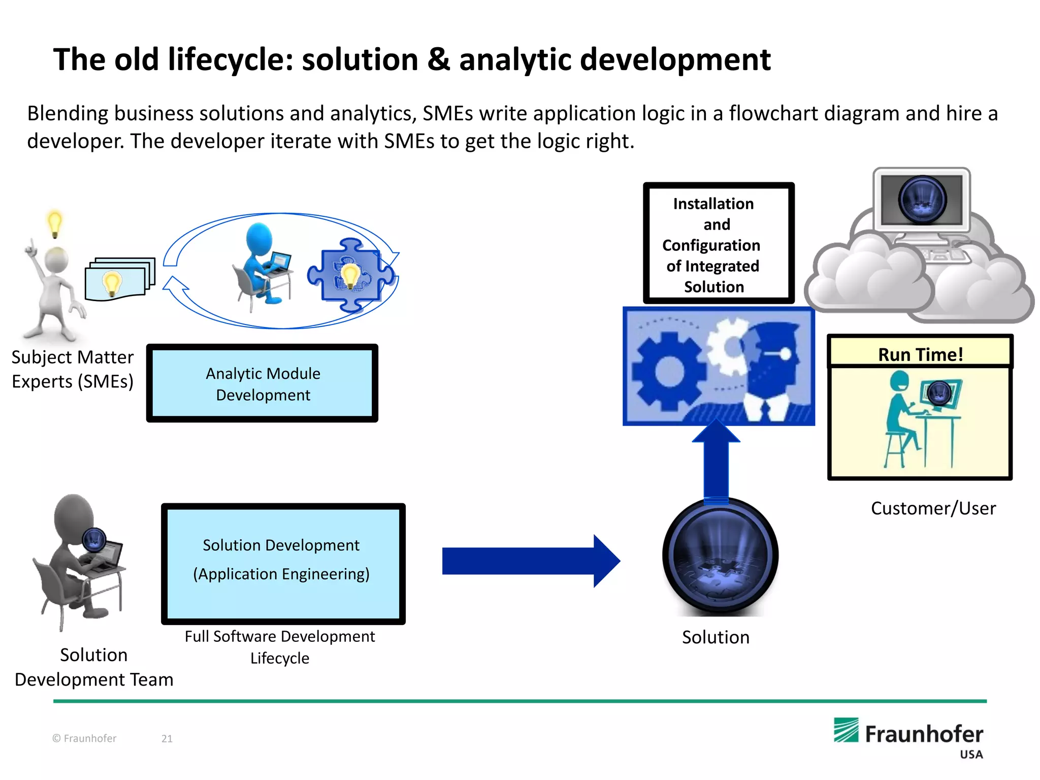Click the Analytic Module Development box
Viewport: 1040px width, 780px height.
point(262,384)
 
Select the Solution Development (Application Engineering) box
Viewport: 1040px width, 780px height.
point(283,564)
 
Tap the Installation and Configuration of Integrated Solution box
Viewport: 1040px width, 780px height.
point(718,244)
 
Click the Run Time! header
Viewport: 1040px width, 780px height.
point(920,354)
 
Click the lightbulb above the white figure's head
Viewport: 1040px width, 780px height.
point(54,223)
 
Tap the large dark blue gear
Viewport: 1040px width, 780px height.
point(669,371)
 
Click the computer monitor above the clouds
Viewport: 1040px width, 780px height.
point(922,201)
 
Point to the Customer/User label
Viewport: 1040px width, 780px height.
point(933,508)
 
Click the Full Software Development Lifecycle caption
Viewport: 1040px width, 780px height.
point(280,647)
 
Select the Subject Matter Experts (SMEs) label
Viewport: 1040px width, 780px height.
point(73,369)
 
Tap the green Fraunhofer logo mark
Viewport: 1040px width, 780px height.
point(846,730)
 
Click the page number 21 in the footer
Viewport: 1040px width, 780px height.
point(167,738)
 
